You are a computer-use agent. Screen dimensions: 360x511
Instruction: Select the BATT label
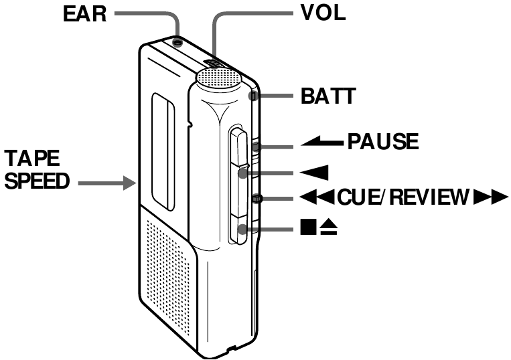323,96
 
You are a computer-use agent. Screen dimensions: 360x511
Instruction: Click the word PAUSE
382,142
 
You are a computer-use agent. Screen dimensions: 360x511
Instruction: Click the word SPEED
36,182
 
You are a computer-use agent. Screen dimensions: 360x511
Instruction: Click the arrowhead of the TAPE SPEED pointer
131,181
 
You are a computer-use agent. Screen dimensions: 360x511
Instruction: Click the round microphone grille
218,79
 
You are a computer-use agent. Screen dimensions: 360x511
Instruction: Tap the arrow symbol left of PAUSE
320,142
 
